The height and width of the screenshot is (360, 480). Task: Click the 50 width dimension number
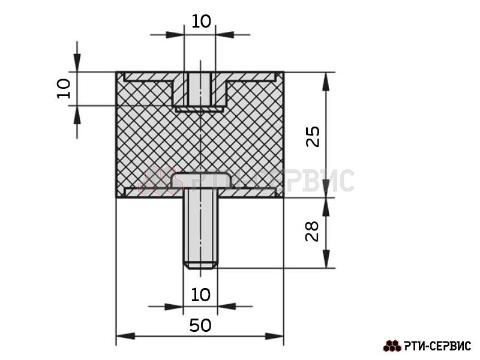tap(200, 325)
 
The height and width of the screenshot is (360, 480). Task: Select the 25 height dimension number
tap(313, 136)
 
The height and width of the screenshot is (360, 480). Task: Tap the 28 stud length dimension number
tap(312, 231)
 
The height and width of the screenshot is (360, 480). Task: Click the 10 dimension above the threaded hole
tap(201, 22)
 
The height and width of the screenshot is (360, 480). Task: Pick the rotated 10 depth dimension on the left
tap(64, 88)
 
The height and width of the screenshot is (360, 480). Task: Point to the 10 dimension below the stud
tap(200, 295)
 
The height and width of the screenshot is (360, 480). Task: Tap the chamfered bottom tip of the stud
tap(200, 266)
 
